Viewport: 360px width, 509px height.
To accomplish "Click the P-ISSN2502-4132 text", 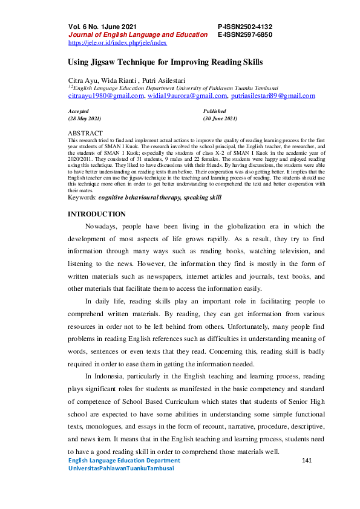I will click(244, 27).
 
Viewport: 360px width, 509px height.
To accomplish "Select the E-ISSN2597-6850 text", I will click(244, 35).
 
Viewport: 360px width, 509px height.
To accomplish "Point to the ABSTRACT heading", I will click(85, 132).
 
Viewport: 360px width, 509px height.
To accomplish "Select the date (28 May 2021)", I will click(85, 119).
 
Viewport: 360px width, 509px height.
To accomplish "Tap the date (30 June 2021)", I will click(220, 119).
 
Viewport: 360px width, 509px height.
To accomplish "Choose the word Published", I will click(215, 111).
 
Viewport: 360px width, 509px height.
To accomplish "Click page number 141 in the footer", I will click(306, 461).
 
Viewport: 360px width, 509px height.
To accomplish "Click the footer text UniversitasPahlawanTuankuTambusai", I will click(121, 468).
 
